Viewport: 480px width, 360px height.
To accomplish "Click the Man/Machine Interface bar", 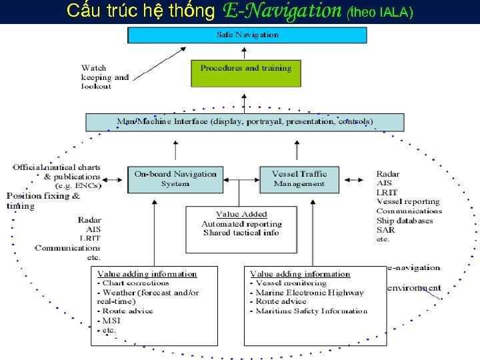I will pos(245,122).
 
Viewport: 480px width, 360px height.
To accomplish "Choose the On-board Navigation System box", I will pos(175,179).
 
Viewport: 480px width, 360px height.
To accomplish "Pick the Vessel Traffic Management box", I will pos(299,179).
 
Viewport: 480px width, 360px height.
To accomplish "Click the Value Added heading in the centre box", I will pos(241,214).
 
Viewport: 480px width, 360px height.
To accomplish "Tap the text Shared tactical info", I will pos(241,233).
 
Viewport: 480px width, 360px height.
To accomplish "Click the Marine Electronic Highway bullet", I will pos(310,292).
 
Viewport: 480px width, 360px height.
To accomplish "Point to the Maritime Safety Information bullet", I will pos(312,311).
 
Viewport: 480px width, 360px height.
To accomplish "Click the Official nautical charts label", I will pos(57,167).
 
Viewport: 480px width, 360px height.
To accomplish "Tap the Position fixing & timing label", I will pos(43,201).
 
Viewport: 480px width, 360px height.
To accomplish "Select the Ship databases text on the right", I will pos(405,221).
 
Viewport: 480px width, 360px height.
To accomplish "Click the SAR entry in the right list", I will pos(385,229).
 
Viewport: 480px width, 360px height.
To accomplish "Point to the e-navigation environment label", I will pos(413,277).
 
